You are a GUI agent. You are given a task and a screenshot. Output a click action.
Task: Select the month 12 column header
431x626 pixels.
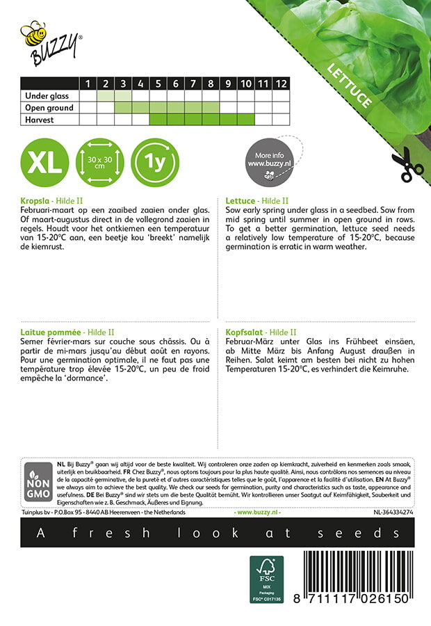(x=280, y=83)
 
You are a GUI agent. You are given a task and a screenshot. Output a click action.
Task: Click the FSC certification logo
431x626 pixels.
(x=267, y=579)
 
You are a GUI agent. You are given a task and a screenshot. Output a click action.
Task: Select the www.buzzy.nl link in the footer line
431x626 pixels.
(x=258, y=512)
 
